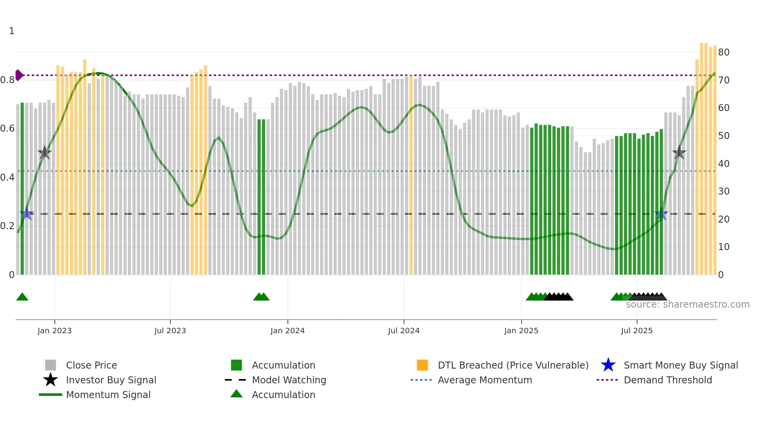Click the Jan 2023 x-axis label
[x=54, y=331]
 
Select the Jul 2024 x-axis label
[x=404, y=331]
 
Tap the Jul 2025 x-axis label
[x=636, y=331]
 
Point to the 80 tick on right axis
[x=724, y=52]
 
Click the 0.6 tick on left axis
[x=7, y=129]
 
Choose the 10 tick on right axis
[x=724, y=247]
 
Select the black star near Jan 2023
[x=45, y=153]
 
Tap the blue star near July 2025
[x=661, y=214]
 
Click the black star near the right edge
[x=679, y=153]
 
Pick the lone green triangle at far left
[x=22, y=297]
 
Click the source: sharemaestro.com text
[x=687, y=304]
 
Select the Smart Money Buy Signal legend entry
[x=680, y=365]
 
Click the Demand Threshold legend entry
[x=668, y=380]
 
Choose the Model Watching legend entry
[x=288, y=380]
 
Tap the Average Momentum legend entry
[x=484, y=380]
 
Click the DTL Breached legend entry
[x=513, y=365]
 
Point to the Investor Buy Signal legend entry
[x=111, y=380]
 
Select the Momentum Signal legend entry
[x=108, y=395]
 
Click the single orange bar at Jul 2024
[x=411, y=175]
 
